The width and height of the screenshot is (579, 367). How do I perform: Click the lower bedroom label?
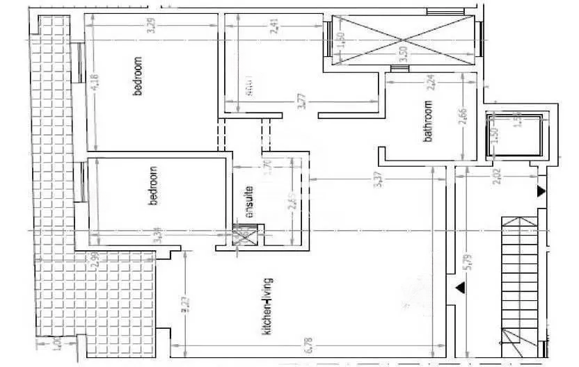coord(154,186)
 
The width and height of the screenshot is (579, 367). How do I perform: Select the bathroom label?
coord(429,122)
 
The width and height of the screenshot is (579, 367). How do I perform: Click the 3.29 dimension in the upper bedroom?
coord(150,30)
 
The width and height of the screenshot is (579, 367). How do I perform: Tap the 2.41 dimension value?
coord(277,30)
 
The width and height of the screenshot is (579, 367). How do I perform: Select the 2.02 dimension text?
coord(497,177)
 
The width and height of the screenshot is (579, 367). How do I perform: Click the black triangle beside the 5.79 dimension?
coord(459,287)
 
